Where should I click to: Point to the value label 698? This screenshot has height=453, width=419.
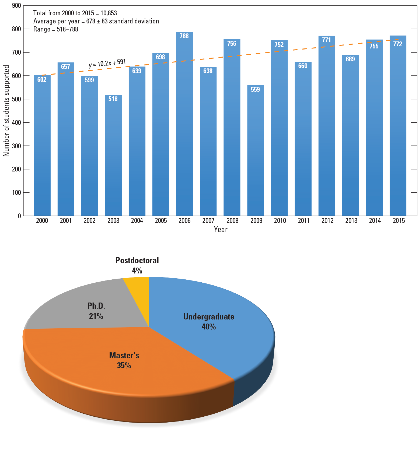tap(160, 57)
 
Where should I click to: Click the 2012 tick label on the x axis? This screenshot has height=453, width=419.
tap(327, 221)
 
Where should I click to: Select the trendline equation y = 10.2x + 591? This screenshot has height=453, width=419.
tap(107, 63)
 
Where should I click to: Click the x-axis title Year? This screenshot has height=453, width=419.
tap(221, 230)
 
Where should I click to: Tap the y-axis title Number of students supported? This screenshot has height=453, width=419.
tap(6, 111)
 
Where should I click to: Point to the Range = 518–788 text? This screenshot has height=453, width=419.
tap(56, 29)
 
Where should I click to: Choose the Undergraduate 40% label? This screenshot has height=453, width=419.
tap(209, 321)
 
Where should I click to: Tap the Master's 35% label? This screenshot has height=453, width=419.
tap(124, 360)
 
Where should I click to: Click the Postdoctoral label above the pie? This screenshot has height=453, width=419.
tap(137, 261)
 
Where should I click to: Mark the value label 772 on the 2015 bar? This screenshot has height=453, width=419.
tap(398, 44)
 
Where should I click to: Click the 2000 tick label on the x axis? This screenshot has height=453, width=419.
tap(42, 221)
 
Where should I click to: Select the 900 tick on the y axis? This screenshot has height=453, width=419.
tap(16, 6)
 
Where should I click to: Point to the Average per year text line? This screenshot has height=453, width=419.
tap(96, 21)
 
